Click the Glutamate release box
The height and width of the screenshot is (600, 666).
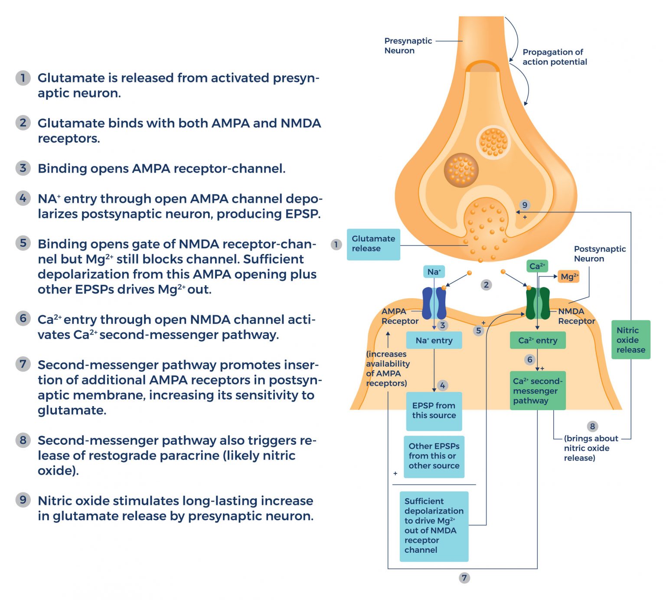click(373, 244)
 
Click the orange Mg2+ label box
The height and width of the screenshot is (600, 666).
click(568, 277)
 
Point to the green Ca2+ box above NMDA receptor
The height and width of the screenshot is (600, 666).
click(537, 266)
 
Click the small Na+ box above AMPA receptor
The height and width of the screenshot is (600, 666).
click(434, 272)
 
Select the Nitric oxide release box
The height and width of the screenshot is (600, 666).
click(630, 339)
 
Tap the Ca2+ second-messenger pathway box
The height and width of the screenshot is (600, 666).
click(538, 391)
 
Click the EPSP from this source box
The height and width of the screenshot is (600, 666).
click(434, 411)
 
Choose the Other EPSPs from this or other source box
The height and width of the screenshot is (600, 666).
click(434, 456)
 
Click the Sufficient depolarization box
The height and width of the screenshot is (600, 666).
click(434, 525)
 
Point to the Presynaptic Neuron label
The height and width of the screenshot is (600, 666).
click(408, 46)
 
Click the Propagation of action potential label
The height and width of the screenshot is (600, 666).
click(554, 57)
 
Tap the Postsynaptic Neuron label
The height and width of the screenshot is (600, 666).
click(599, 254)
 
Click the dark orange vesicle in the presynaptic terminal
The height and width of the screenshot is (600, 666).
click(461, 170)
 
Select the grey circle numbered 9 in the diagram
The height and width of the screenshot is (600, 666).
click(525, 205)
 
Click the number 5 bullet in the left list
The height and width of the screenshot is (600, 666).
click(23, 243)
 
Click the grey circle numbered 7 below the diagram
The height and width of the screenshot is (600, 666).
click(464, 577)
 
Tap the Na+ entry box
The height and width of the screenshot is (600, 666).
click(434, 340)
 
